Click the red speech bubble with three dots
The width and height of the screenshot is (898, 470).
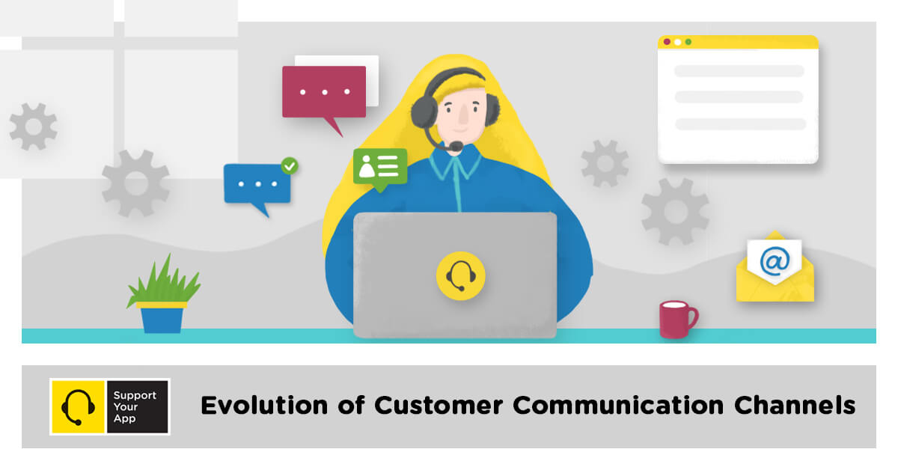[324, 91]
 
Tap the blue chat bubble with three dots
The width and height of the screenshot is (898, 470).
[257, 183]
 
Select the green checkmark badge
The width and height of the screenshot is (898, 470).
[289, 165]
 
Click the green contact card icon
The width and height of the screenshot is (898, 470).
[380, 166]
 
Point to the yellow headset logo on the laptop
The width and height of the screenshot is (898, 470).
[461, 276]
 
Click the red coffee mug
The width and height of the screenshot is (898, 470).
[676, 319]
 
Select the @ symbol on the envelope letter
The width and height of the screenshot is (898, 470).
[775, 261]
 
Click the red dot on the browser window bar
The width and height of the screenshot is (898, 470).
[667, 42]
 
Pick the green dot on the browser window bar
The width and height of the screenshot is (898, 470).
[688, 42]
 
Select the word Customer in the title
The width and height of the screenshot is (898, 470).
[439, 406]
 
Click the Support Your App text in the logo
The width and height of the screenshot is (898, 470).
[135, 406]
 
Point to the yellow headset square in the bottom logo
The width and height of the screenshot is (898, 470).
[78, 406]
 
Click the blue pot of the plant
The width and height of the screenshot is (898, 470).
[162, 319]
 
